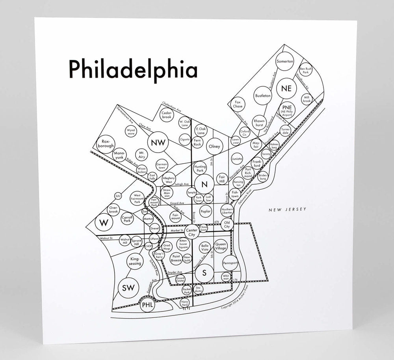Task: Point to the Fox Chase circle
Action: pos(238,104)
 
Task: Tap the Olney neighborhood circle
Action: pos(215,146)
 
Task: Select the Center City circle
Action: pos(191,232)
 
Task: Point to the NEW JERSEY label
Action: pos(287,210)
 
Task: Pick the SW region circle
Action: pos(128,288)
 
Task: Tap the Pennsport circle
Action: pos(230,263)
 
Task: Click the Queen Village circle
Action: pos(221,246)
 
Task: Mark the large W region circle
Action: pos(104,223)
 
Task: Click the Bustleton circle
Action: pos(263,96)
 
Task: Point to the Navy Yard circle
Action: pos(185,303)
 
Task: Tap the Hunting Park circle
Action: pos(200,169)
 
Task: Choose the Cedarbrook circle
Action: pos(166,115)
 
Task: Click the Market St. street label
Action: pos(177,230)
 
